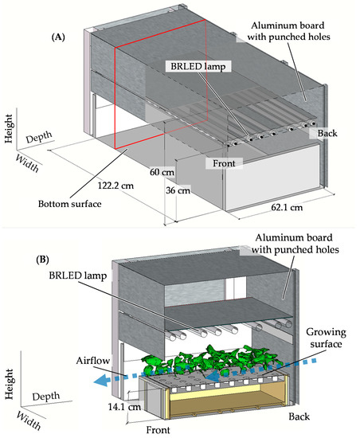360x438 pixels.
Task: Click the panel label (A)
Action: point(58,37)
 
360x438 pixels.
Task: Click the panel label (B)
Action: point(42,260)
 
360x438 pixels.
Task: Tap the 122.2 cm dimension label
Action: point(115,186)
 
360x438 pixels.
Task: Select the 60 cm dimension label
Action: point(162,172)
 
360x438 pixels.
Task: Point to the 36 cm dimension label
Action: point(178,190)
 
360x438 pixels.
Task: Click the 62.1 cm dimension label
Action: point(287,207)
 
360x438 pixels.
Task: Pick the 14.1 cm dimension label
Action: point(124,406)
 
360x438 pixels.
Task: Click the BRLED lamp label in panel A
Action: point(198,66)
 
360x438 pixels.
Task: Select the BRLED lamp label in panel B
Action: point(78,276)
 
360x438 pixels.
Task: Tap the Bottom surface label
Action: point(70,204)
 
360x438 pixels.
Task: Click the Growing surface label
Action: point(326,338)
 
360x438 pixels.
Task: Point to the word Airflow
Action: point(93,361)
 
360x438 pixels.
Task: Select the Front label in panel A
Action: point(224,163)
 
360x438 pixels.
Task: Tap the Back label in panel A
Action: point(327,133)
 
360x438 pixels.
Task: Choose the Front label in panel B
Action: point(158,429)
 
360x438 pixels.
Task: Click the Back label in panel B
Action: point(299,416)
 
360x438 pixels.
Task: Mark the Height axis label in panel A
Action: point(9,128)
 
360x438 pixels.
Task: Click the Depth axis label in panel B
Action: point(46,397)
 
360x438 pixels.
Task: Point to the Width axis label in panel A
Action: point(27,163)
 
